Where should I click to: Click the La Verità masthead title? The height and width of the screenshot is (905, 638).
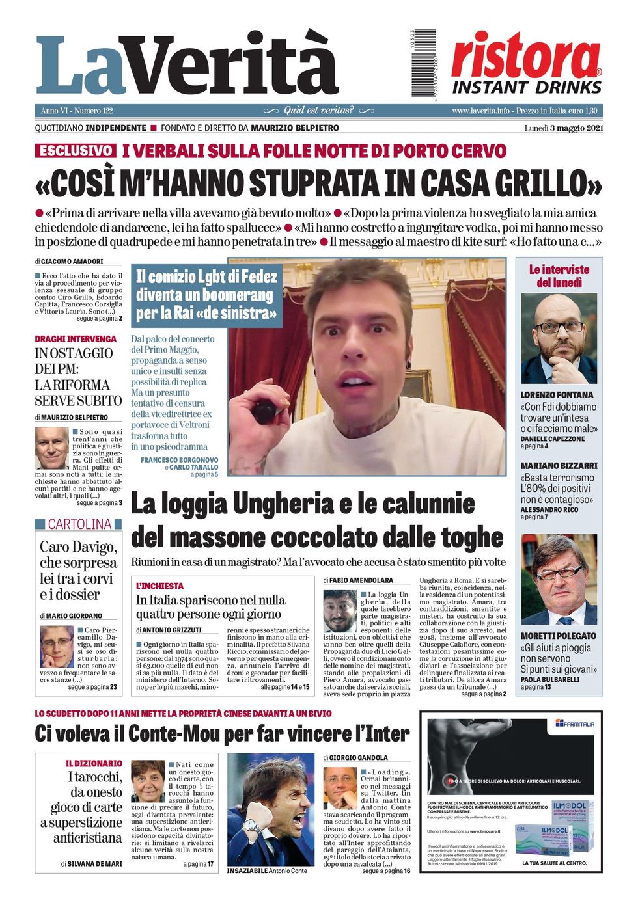(x=187, y=65)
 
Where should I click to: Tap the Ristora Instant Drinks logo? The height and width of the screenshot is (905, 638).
(x=527, y=63)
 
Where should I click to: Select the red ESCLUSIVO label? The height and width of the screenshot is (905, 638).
(x=76, y=151)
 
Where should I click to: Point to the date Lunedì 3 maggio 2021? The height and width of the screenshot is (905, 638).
(x=563, y=128)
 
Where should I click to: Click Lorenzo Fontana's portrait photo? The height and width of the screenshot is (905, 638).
(x=559, y=339)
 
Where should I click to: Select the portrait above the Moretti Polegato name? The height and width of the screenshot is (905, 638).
(x=559, y=580)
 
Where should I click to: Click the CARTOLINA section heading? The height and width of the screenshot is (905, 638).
(x=79, y=524)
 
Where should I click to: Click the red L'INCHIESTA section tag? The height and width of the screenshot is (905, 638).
(x=159, y=586)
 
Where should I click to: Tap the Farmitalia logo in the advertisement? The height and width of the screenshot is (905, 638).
(x=574, y=723)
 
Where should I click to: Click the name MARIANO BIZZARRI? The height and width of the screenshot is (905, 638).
(x=559, y=466)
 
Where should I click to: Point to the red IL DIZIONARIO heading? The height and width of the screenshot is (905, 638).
(x=94, y=763)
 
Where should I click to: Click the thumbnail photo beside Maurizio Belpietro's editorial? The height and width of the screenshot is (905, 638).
(x=51, y=448)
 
